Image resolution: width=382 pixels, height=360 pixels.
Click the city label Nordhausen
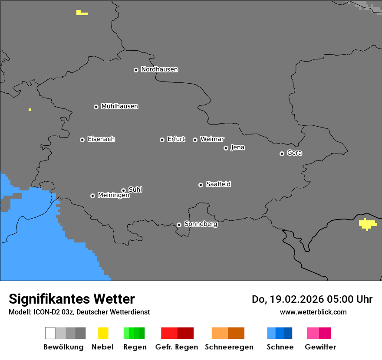[159, 69]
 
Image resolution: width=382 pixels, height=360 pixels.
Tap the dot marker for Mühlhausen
[96, 107]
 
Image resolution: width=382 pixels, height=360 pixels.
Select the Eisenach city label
[101, 139]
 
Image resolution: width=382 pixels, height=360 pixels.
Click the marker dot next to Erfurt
[162, 140]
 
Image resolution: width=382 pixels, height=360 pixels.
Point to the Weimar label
[212, 139]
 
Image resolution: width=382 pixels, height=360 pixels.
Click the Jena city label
[237, 147]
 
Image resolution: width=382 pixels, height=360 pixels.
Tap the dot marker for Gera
[282, 154]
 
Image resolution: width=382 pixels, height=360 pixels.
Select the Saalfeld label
[218, 184]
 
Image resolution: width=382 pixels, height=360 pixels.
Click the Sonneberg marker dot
[179, 225]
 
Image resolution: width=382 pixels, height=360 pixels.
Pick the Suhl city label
[135, 190]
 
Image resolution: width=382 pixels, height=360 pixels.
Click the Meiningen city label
[113, 196]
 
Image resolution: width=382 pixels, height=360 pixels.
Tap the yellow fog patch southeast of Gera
[367, 224]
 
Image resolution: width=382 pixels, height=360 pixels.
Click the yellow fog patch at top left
[81, 13]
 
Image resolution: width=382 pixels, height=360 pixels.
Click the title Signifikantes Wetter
[72, 299]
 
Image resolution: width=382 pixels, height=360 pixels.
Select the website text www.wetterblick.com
[313, 312]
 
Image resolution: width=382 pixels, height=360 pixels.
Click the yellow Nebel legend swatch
[103, 333]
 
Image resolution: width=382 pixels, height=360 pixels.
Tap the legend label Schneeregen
[229, 347]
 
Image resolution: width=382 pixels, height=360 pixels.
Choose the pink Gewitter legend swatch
[313, 333]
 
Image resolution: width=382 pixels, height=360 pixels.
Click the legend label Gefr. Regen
[176, 347]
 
